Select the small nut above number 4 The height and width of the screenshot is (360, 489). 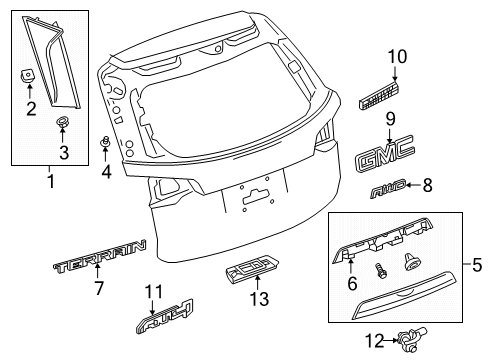click(x=104, y=140)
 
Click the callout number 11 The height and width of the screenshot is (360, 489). click(x=152, y=292)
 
